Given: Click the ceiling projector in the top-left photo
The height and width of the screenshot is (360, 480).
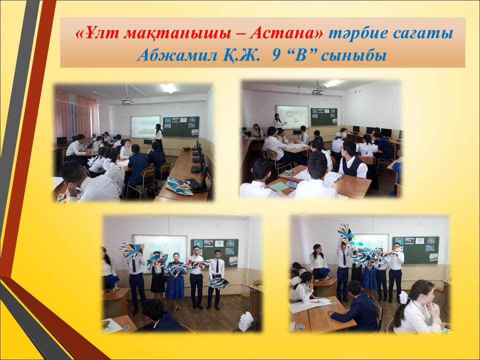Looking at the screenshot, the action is pyautogui.click(x=127, y=100).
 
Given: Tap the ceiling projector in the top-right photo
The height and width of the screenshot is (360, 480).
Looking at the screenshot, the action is pyautogui.click(x=317, y=91).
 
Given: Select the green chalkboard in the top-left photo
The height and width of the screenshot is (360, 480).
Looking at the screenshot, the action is pyautogui.click(x=181, y=126).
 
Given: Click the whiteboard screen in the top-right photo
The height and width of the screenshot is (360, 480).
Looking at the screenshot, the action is pyautogui.click(x=292, y=116).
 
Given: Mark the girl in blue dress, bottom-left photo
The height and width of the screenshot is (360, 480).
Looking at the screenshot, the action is pyautogui.click(x=175, y=277).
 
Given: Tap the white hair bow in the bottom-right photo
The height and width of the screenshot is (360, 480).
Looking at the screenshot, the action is pyautogui.click(x=403, y=297).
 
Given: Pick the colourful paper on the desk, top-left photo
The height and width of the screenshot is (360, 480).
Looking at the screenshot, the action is pyautogui.click(x=179, y=185).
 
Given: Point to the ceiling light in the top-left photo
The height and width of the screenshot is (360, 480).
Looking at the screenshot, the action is pyautogui.click(x=168, y=88).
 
